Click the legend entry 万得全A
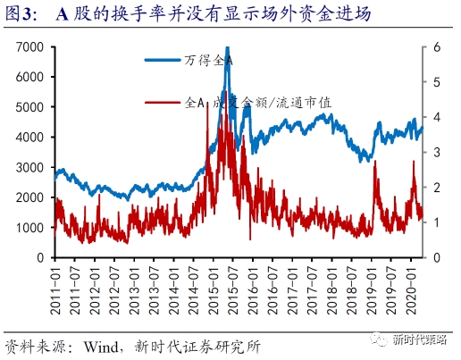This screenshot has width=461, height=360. pos(211,60)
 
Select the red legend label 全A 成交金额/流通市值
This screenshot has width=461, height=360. pos(258,102)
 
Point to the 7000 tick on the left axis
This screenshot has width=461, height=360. pos(32,46)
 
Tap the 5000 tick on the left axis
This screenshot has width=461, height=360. pos(32,106)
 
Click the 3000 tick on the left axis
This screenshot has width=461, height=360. pos(32,167)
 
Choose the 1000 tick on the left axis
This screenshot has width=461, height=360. pos(32,228)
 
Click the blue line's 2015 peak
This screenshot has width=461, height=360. pos(227,48)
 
